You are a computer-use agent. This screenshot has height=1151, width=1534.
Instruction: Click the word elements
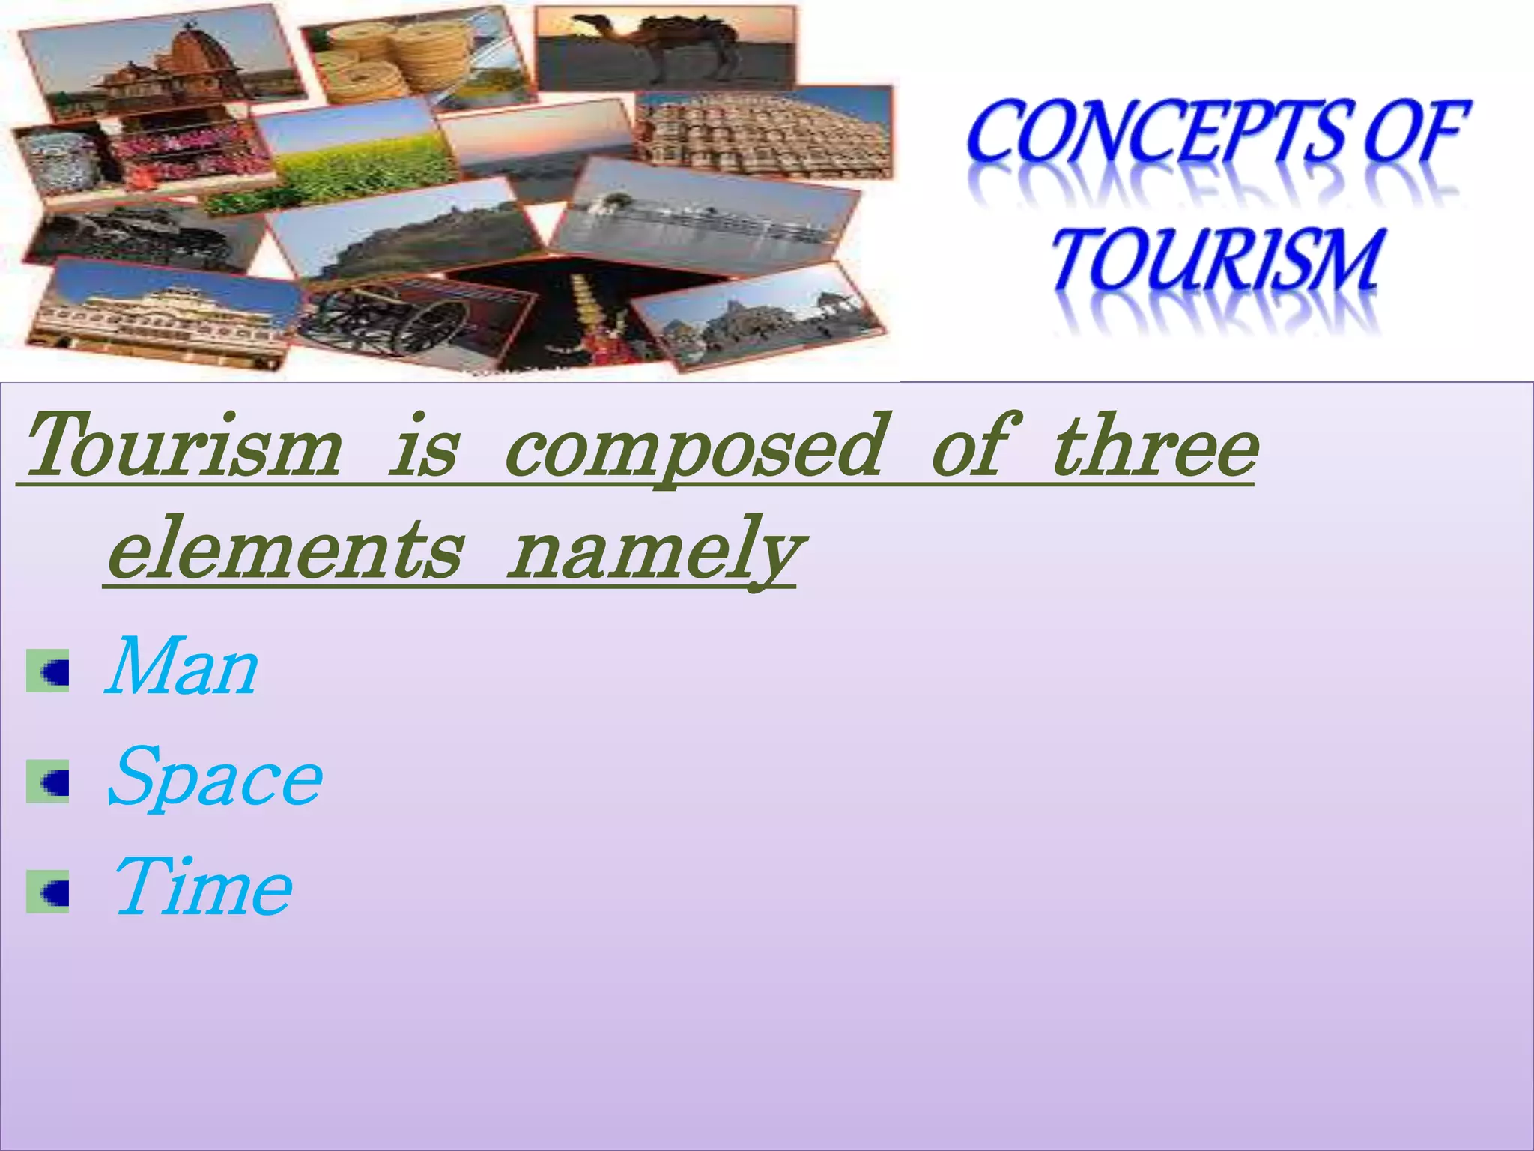[285, 552]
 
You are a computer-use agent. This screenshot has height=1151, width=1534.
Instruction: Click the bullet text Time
[202, 889]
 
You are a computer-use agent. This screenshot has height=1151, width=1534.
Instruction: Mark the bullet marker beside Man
[48, 671]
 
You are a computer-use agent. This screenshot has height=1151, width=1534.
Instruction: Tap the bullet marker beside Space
[48, 782]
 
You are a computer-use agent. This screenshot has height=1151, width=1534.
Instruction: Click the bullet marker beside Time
[48, 892]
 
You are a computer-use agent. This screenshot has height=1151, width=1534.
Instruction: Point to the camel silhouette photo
[665, 49]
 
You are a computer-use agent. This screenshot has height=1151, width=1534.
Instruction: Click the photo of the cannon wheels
[416, 322]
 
